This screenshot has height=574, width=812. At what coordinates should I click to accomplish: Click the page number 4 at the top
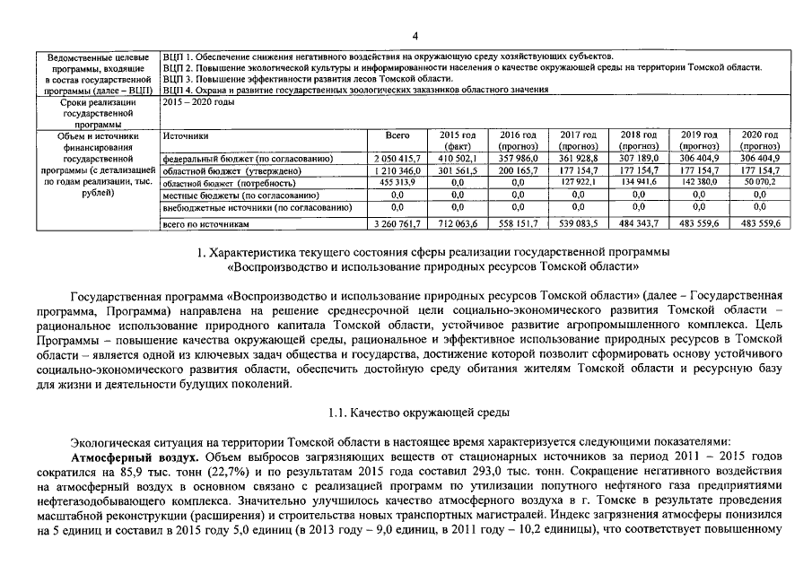pyautogui.click(x=415, y=36)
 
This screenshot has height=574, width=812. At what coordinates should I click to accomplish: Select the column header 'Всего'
pyautogui.click(x=397, y=135)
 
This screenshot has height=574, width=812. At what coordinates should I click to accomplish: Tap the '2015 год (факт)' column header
pyautogui.click(x=457, y=140)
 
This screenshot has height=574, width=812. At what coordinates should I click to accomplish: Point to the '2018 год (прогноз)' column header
pyautogui.click(x=639, y=140)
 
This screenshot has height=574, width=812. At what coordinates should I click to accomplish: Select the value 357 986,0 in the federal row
pyautogui.click(x=518, y=158)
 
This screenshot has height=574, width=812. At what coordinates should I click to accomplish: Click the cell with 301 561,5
pyautogui.click(x=457, y=170)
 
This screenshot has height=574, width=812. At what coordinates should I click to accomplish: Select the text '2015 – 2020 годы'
pyautogui.click(x=197, y=103)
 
